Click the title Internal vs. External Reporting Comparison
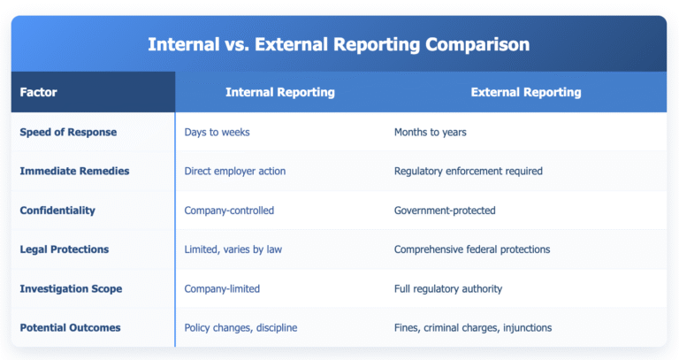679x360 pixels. [x=339, y=44]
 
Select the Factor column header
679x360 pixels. [x=38, y=92]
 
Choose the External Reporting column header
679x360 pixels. [x=525, y=92]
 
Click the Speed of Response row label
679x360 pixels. [x=68, y=132]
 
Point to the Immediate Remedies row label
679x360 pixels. [x=74, y=171]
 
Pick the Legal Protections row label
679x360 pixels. [x=65, y=249]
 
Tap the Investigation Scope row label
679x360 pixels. [x=71, y=288]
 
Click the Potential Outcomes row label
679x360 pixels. [x=70, y=327]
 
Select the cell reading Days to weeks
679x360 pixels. [x=217, y=132]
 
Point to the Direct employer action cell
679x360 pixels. [x=235, y=171]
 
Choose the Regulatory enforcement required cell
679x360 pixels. [x=468, y=171]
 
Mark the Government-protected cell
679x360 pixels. [x=445, y=211]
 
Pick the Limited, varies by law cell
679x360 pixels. [x=233, y=249]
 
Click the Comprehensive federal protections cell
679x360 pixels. [x=472, y=249]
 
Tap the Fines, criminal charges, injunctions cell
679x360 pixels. [x=473, y=327]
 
